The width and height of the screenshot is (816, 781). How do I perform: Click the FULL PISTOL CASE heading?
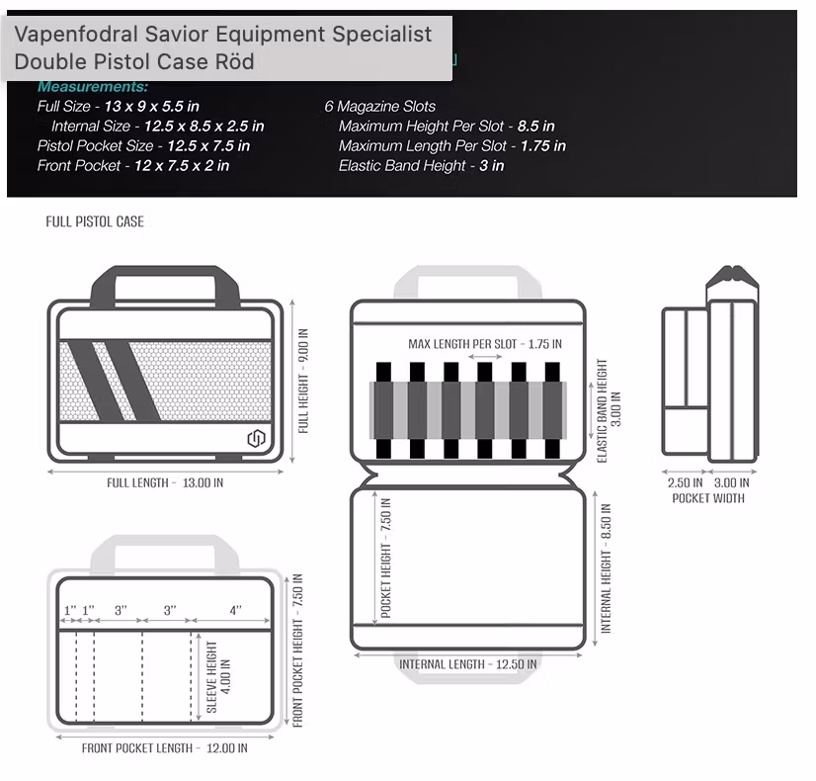tap(95, 221)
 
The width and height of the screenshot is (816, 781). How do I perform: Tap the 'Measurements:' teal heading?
tap(93, 87)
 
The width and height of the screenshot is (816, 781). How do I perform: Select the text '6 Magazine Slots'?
tap(380, 106)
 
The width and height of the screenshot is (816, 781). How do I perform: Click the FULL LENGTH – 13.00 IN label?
tap(165, 482)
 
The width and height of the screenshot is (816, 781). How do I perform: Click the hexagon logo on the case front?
tap(255, 438)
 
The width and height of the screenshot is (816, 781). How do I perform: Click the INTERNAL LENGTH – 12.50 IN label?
tap(468, 664)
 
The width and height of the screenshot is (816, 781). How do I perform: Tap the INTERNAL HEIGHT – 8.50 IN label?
tap(607, 568)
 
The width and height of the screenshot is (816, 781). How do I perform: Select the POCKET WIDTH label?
tap(708, 498)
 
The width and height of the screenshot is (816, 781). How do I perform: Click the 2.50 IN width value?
tap(686, 482)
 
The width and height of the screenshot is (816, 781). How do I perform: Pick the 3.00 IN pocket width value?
tap(731, 482)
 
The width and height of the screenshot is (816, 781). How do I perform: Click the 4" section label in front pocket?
tap(235, 611)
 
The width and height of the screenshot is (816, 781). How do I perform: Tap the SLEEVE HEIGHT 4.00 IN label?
tap(218, 677)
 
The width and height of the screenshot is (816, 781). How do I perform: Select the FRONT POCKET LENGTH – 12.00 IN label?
tap(164, 748)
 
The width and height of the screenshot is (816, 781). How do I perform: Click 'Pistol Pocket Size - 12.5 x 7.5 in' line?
tap(143, 145)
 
